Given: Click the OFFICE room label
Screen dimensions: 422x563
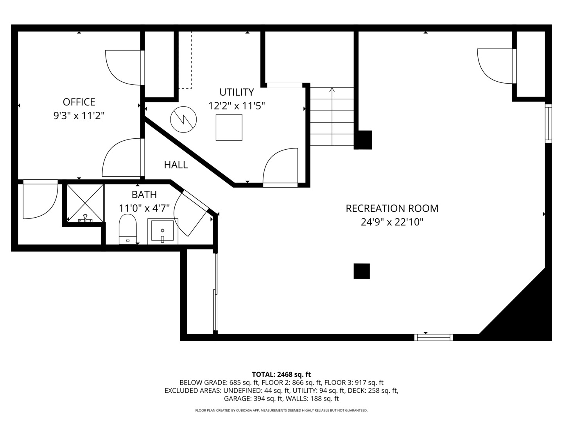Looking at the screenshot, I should point(79,102).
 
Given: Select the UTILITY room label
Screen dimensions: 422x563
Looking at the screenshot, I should point(237,92).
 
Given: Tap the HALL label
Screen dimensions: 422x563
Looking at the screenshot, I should point(176,165).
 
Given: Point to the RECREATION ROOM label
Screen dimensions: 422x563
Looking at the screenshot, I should point(392,208).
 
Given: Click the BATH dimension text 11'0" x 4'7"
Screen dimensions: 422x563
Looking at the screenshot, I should point(144,208).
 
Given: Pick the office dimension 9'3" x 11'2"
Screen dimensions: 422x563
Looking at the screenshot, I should point(79,116).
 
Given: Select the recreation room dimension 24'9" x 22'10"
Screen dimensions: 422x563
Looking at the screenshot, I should point(392,222).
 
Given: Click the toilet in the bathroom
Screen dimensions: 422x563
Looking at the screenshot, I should point(127,229).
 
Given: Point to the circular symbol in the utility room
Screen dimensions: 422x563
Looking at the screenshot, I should point(183,120).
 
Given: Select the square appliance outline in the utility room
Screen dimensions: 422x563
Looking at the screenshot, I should point(229,127).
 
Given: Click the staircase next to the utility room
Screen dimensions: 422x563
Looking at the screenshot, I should point(332,117).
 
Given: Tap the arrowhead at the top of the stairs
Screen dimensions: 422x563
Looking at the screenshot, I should point(332,90).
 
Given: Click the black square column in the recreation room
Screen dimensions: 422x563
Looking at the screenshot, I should point(362,271).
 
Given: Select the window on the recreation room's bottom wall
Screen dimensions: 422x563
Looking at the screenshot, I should point(434,337).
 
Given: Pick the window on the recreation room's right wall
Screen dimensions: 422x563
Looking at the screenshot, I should point(549,123).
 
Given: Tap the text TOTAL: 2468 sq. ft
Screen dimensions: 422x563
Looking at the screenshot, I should point(281,374).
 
